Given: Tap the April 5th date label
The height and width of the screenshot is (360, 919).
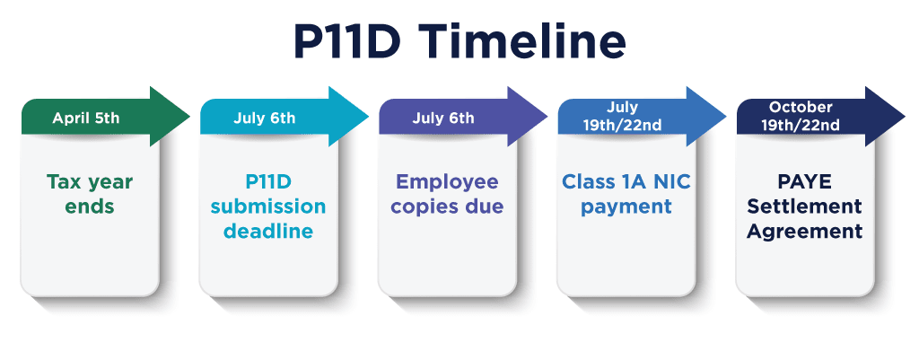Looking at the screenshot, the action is click(85, 119).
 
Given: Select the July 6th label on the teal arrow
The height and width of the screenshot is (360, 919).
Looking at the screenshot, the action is click(265, 118).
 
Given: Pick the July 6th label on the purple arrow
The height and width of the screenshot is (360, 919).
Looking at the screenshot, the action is click(443, 118).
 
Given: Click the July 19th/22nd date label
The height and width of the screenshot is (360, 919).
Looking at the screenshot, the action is click(622, 116).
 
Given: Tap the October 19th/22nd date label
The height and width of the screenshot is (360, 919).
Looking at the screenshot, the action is click(801, 116).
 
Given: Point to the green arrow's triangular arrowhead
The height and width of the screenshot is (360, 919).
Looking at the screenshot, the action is click(170, 116).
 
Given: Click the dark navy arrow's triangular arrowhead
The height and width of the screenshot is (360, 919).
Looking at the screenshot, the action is click(885, 116).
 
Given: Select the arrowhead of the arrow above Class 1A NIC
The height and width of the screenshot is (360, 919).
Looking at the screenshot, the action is click(706, 116).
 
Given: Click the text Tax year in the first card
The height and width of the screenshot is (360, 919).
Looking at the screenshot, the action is click(90, 183).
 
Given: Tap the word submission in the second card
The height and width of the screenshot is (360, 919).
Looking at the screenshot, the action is click(268, 206).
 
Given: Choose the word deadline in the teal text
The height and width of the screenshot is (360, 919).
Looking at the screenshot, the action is click(268, 231).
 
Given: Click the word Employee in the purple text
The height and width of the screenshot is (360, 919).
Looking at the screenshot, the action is click(447, 183).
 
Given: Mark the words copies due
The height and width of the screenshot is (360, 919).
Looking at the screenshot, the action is click(447, 207).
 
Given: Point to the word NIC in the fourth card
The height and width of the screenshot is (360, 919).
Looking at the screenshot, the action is click(670, 181).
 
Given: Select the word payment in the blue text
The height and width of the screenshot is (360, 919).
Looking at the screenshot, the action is click(626, 207).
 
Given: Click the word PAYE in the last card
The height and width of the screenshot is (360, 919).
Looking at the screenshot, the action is click(805, 181).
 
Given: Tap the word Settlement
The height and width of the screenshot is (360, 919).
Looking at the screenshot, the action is click(805, 206).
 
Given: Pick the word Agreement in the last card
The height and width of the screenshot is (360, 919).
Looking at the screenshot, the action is click(805, 232).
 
